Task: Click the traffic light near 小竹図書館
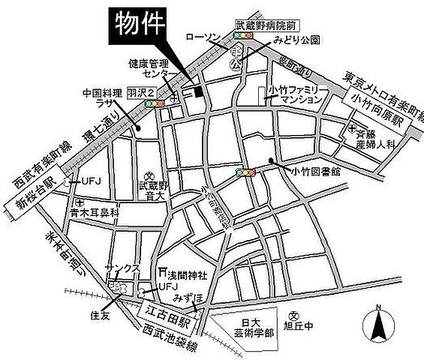click(245, 172)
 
